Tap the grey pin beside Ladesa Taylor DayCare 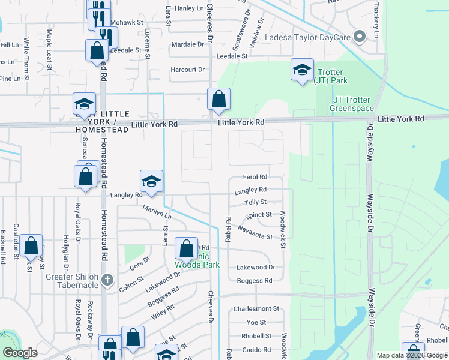[x=360, y=37]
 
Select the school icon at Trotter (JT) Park [x=302, y=71]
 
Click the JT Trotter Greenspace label [x=352, y=104]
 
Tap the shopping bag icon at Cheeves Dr [x=218, y=99]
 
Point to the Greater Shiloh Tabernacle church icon [x=107, y=280]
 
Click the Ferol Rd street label [x=255, y=177]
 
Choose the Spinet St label [x=259, y=214]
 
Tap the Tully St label [x=255, y=202]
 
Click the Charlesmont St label [x=256, y=309]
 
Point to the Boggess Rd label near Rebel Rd [x=255, y=280]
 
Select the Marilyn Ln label [x=157, y=211]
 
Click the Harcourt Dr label [x=187, y=70]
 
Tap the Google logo [x=20, y=353]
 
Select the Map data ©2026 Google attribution [x=412, y=355]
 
